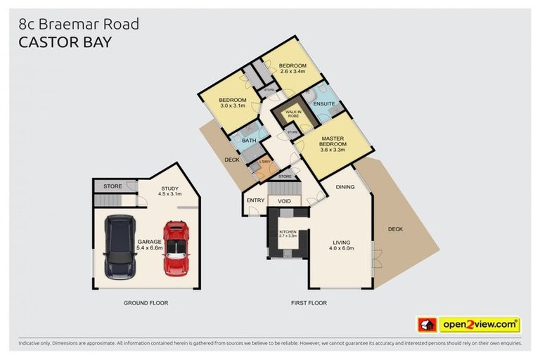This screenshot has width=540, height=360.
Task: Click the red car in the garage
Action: point(176,248)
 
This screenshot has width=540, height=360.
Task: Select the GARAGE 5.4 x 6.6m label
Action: point(150,245)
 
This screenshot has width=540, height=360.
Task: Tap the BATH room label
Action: point(249,141)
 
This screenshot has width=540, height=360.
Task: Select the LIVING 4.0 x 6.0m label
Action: point(341,244)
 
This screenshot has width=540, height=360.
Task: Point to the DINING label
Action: point(345,187)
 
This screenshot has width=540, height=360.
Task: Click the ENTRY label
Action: point(255,201)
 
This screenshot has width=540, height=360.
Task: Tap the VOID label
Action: point(284,201)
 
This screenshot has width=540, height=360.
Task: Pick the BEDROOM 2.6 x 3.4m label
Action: point(293,67)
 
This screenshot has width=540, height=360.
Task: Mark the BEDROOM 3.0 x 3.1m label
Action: point(231,103)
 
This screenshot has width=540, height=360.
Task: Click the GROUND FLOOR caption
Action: point(146,303)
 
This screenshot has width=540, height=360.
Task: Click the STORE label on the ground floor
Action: point(112,186)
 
